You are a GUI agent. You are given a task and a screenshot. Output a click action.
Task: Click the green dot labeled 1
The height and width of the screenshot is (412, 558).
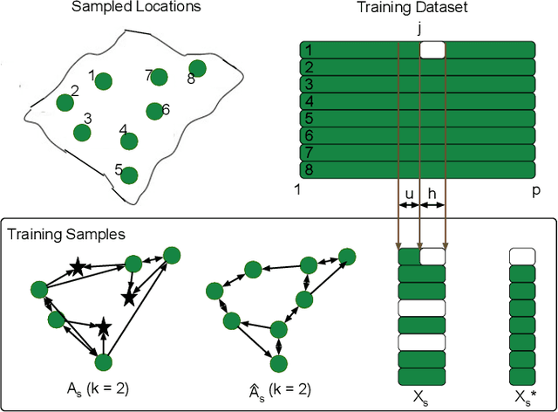[x=104, y=82]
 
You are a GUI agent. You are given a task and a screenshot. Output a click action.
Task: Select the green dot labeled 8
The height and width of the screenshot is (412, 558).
[x=198, y=68]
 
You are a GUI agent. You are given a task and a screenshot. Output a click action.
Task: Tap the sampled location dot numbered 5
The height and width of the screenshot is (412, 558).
[x=129, y=175]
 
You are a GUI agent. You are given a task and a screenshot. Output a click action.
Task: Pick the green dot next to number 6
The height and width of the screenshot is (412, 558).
[x=153, y=111]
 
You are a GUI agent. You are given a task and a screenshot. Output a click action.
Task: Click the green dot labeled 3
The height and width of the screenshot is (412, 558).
[x=82, y=133]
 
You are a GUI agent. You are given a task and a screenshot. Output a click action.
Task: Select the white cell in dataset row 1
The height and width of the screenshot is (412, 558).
[x=432, y=51]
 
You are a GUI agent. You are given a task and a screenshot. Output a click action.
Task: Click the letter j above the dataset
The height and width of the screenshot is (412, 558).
[x=419, y=28]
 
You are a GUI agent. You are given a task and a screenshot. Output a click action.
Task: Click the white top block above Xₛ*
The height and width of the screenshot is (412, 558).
[x=521, y=256]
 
